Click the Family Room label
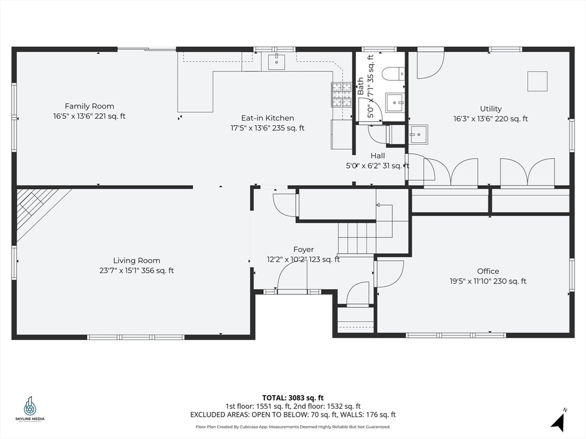pos(89,106)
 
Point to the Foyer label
pos(303,250)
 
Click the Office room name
pos(488,272)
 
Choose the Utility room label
pos(490,109)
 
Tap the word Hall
pos(377,155)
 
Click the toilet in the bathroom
pos(394,74)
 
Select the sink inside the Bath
pos(394,103)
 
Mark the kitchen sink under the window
pos(276,61)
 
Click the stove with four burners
pos(342,95)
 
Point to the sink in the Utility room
pos(418,134)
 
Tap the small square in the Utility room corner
pos(537,81)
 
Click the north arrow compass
pos(560,421)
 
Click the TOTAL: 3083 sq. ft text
pos(293,398)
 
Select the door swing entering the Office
pos(389,273)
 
